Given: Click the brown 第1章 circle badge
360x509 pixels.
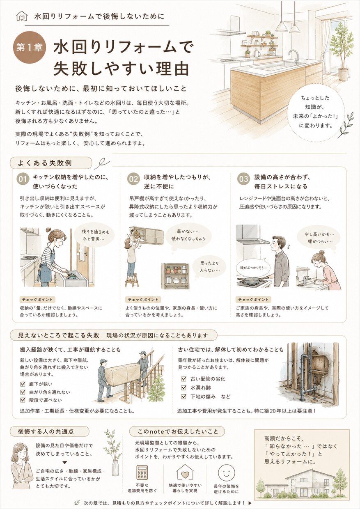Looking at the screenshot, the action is [x=30, y=48].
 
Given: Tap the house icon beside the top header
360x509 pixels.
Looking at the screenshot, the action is [x=22, y=16].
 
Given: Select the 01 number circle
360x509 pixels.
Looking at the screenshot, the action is [x=23, y=179].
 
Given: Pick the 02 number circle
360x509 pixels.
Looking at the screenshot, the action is [x=133, y=179].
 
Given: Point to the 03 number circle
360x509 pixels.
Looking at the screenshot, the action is [x=243, y=179].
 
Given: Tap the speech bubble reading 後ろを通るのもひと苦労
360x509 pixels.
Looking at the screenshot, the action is [x=96, y=236].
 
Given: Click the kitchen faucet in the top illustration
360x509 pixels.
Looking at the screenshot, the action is [x=295, y=57].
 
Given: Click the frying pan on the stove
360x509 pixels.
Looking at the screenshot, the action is [x=250, y=280].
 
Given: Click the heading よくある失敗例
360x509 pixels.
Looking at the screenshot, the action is [x=45, y=163].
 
